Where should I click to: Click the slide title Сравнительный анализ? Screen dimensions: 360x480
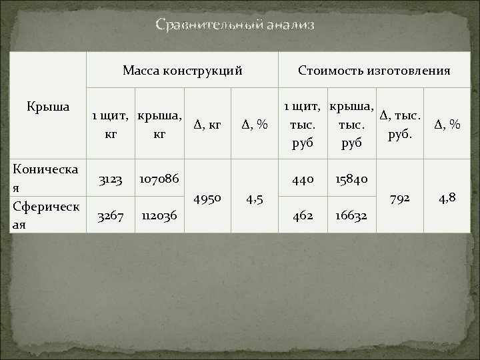[x=235, y=25]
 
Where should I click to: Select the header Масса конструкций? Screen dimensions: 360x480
[x=182, y=70]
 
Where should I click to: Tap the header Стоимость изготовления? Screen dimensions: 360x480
[x=374, y=70]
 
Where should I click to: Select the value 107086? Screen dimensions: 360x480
[x=159, y=180]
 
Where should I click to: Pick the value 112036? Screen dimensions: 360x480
[x=159, y=217]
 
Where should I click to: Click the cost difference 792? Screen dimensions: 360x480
[x=401, y=198]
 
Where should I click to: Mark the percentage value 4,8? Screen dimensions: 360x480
[x=447, y=198]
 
